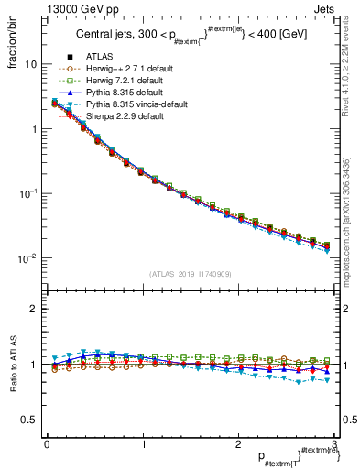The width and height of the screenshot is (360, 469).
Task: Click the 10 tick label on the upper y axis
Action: pyautogui.click(x=30, y=65)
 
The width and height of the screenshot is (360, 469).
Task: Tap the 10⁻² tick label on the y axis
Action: pyautogui.click(x=27, y=258)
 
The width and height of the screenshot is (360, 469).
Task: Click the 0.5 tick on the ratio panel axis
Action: pyautogui.click(x=28, y=420)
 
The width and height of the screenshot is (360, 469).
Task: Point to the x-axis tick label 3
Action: pyautogui.click(x=334, y=443)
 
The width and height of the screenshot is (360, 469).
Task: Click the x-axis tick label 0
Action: pyautogui.click(x=47, y=443)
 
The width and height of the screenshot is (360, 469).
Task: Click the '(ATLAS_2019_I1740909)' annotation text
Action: pyautogui.click(x=190, y=274)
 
